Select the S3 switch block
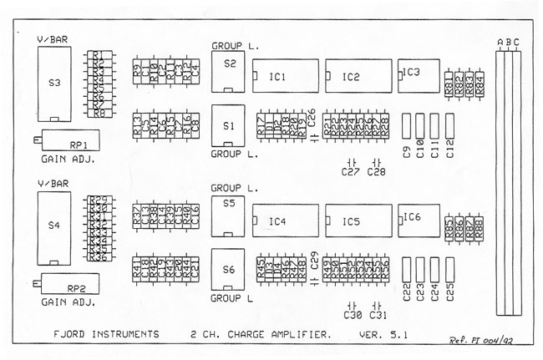55,84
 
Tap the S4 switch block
55,226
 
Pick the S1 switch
230,124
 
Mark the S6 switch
230,269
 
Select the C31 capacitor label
377,316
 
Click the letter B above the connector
508,43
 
